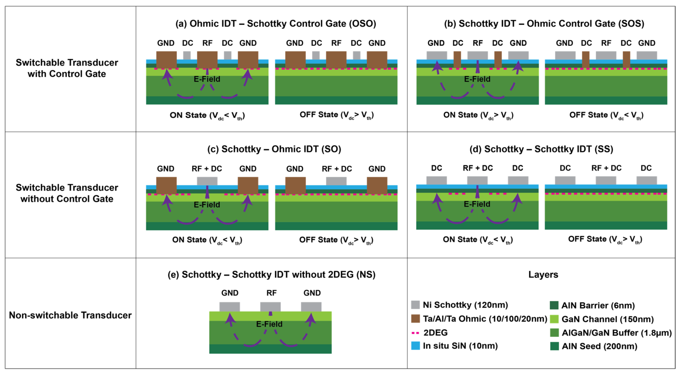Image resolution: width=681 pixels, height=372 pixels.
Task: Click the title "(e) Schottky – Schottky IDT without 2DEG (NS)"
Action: pos(271,275)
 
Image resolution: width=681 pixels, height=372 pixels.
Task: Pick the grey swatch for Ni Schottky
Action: pos(415,305)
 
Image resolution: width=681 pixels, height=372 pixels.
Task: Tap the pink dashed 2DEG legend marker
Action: pos(415,333)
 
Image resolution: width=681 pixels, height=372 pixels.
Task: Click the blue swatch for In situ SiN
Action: pos(415,346)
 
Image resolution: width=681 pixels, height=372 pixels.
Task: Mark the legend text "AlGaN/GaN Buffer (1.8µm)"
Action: pos(617,333)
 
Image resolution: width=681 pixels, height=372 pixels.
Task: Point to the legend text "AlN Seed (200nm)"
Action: pos(599,346)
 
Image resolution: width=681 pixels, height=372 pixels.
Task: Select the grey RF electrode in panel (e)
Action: pos(270,306)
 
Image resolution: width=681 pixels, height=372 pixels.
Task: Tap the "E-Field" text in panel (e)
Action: pos(269,324)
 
